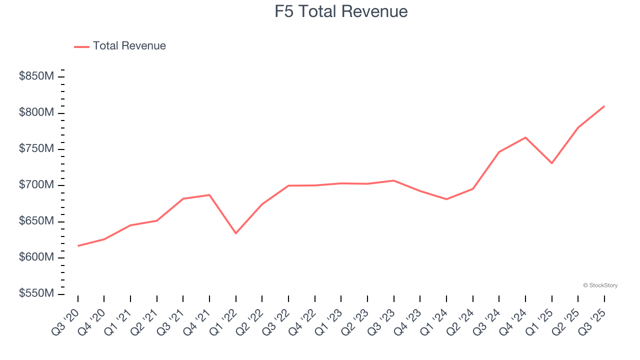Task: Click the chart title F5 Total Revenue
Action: [x=341, y=11]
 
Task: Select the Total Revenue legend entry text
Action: [x=129, y=46]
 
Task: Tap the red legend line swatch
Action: [x=81, y=46]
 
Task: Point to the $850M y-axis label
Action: [x=36, y=76]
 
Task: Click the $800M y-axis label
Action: [x=36, y=113]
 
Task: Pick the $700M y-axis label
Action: [x=36, y=185]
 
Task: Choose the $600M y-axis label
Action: [x=36, y=257]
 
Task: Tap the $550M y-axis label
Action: [x=36, y=293]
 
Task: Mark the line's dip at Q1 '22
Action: [x=235, y=233]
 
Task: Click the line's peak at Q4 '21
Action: [x=209, y=195]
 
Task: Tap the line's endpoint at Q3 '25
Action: [x=604, y=106]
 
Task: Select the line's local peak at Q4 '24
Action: [x=525, y=137]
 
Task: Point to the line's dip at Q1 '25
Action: [x=551, y=163]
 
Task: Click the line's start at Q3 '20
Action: [x=78, y=245]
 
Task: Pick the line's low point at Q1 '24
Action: [x=446, y=199]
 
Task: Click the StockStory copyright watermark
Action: [x=600, y=285]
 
